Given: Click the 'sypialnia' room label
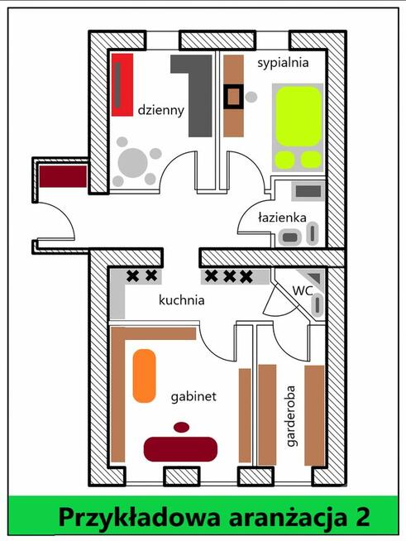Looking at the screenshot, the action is [x=283, y=64].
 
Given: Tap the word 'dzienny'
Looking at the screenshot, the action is [x=160, y=111].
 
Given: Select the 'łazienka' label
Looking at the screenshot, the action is [x=282, y=218].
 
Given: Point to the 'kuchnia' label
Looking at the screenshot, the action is [x=181, y=299].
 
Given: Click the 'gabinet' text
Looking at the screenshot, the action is [x=193, y=396].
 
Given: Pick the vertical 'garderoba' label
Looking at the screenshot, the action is [x=292, y=416].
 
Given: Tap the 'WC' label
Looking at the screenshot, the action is [x=303, y=290].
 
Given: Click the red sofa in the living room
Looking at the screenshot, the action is [x=122, y=85].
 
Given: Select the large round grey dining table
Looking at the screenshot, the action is [x=133, y=163].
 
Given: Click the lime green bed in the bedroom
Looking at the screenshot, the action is [x=298, y=127].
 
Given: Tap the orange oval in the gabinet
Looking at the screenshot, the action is [x=145, y=376].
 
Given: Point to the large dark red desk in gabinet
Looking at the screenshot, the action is [x=180, y=449].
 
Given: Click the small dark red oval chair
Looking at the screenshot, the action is [x=181, y=428].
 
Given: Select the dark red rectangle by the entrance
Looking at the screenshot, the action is [x=63, y=176].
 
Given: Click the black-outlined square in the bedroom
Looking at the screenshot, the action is [x=233, y=97].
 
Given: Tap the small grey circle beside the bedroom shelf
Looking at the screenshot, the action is [x=251, y=97].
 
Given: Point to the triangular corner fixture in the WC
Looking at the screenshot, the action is [x=315, y=276].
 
